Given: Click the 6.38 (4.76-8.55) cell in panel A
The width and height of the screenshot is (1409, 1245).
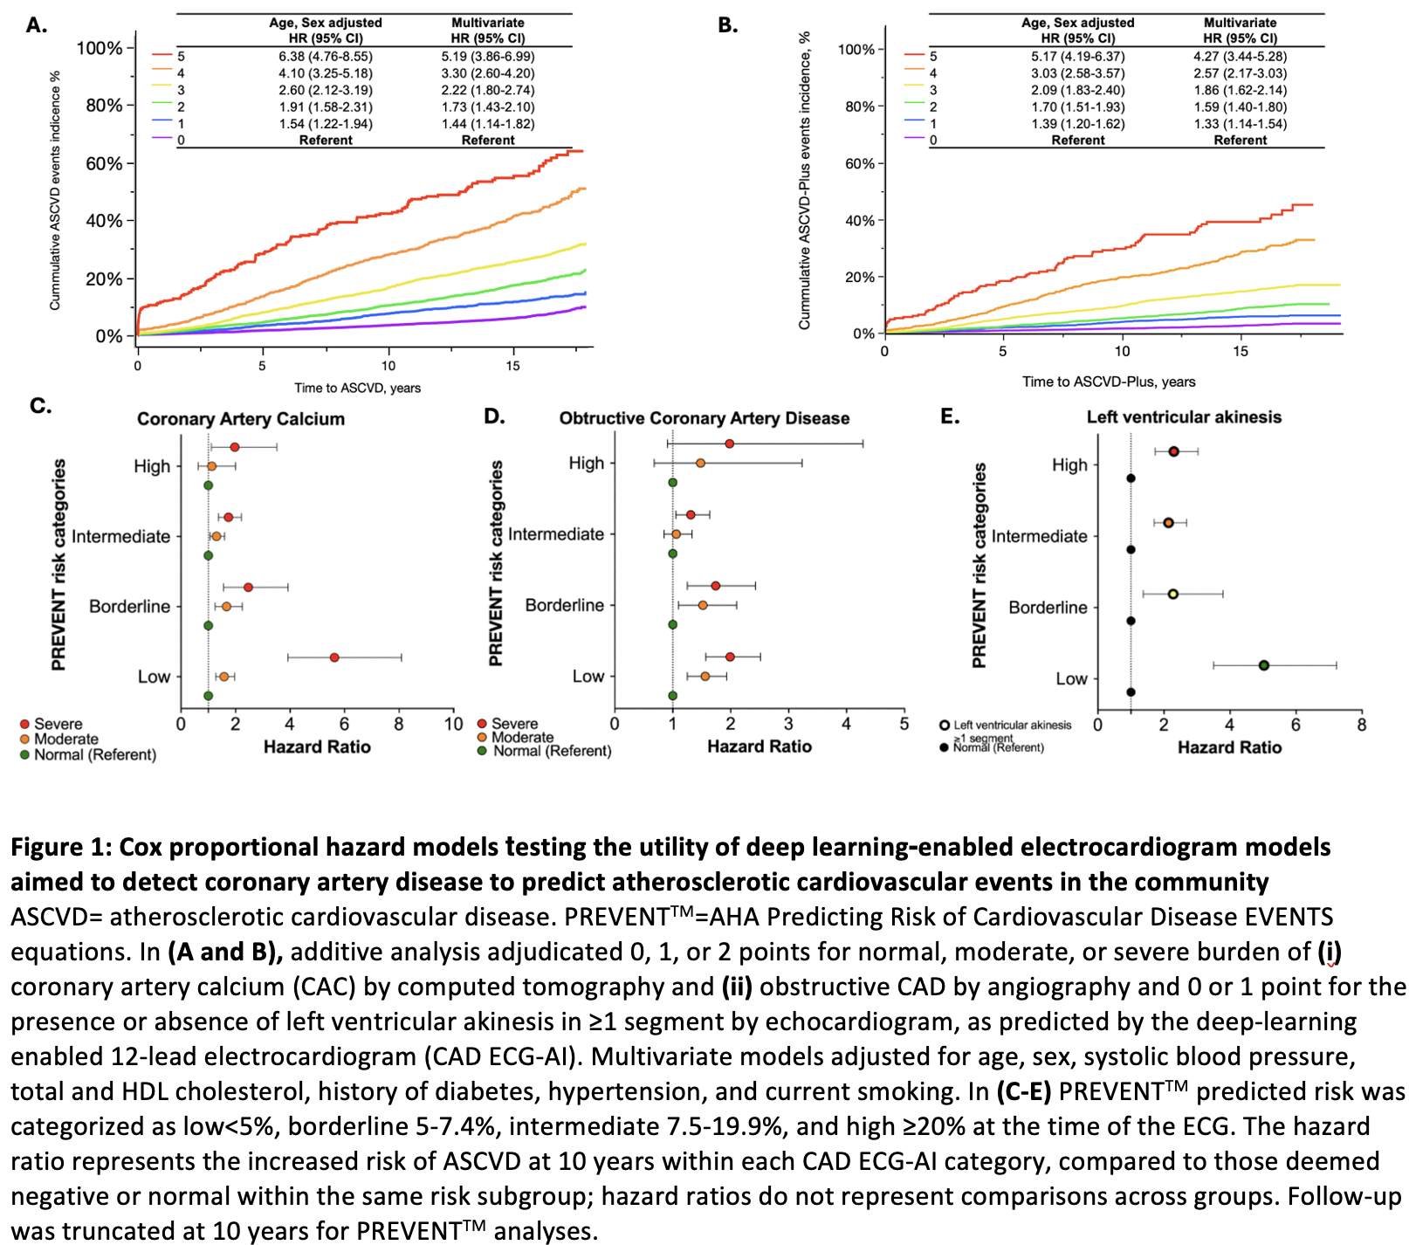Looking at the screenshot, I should coord(326,56).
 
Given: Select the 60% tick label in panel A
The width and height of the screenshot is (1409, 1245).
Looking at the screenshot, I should coord(104,163).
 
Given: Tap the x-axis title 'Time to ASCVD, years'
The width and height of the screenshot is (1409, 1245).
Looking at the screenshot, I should coord(357,388).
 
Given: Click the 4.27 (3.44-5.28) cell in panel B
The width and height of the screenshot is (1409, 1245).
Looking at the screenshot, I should coord(1240,56).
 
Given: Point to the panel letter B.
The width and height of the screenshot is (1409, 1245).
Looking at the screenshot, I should coord(727,25).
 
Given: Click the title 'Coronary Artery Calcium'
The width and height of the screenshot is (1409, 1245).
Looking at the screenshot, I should coord(241,419).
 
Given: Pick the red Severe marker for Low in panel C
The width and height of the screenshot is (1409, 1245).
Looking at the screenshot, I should coord(334,657).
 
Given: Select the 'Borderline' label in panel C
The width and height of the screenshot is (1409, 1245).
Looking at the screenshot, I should coord(130,606).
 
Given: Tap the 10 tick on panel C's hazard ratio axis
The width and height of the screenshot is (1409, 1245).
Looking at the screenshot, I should coord(454,724).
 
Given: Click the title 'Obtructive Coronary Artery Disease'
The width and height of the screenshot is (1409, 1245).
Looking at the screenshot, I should coord(704,418).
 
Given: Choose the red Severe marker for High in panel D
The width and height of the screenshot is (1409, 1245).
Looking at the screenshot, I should coord(729,444).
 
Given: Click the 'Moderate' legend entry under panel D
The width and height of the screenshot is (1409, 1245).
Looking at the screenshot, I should coord(522,738).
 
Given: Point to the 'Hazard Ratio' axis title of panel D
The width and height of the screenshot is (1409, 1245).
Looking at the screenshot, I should coord(759,746).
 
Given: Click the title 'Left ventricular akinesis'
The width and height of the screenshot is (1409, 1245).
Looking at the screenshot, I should coord(1184,417).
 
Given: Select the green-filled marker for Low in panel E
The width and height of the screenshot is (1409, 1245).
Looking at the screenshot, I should coord(1263,665).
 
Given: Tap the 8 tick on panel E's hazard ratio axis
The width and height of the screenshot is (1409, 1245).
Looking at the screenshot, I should coord(1362,725).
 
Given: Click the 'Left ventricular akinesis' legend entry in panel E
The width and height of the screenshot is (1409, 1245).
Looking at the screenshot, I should coord(1012,725).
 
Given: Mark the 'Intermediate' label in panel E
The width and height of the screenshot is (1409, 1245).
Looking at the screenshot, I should coord(1040,536).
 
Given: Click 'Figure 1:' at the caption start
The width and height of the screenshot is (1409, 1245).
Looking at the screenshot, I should coord(60,848).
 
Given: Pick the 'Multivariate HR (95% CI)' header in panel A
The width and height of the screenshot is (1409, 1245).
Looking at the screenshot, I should coord(488,31).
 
